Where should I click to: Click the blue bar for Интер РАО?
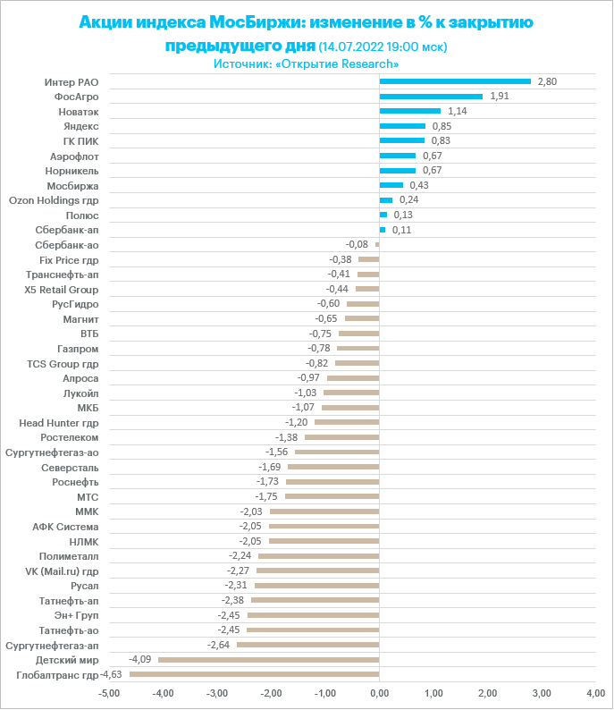coord(455,81)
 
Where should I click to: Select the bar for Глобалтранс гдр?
coord(255,674)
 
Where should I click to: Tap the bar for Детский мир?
coord(269,660)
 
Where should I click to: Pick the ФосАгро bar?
coord(431,97)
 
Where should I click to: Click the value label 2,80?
coord(546,81)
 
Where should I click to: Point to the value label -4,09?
coord(139,660)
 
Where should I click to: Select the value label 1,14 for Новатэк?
coord(457,111)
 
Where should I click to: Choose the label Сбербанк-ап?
coord(73,230)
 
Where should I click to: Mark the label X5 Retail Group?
coord(62,290)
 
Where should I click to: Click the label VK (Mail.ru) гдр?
coord(60,571)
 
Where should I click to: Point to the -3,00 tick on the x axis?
coord(217,693)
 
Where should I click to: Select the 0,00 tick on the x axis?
coord(380,693)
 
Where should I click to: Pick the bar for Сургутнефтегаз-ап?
coord(308,645)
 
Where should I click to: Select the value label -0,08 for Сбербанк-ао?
coord(357,244)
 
